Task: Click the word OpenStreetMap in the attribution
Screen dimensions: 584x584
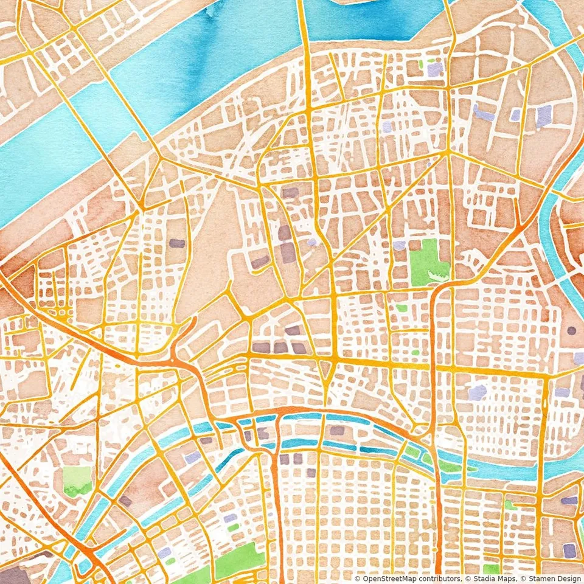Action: tap(389, 579)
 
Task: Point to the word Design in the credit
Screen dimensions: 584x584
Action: tap(566, 579)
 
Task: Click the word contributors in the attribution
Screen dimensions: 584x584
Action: tap(440, 579)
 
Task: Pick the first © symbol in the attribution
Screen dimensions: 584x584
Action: tap(357, 579)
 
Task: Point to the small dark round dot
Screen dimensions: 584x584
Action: tap(571, 331)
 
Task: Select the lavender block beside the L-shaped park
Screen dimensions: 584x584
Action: tap(399, 245)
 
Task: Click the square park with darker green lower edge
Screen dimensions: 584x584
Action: tap(77, 481)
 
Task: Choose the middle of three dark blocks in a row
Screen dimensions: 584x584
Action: tap(280, 347)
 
